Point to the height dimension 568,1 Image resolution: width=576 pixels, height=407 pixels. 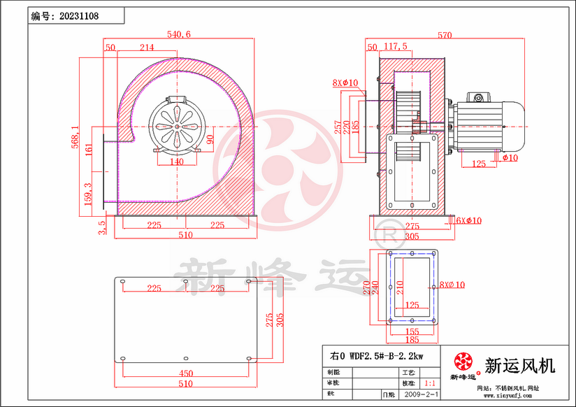[x=75, y=133]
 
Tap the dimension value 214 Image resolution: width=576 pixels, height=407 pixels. [x=147, y=48]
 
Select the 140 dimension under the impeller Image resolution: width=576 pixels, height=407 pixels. [x=176, y=162]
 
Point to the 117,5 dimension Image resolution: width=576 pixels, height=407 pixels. [x=396, y=47]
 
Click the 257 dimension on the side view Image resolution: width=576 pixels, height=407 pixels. [x=338, y=126]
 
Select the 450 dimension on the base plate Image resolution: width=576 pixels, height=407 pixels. [x=185, y=373]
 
